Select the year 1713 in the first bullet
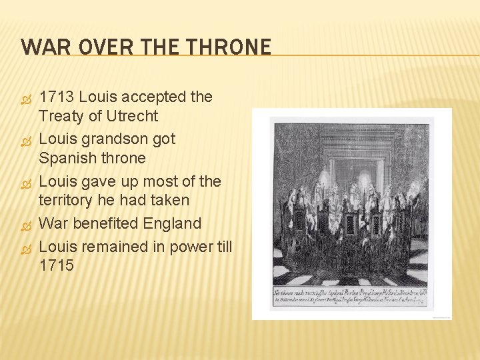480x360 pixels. click(57, 97)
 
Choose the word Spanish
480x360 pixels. click(66, 158)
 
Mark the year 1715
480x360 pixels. click(57, 265)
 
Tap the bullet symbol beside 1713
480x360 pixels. click(27, 97)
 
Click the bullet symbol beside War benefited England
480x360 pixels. click(27, 223)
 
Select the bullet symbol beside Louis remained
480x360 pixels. click(27, 247)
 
